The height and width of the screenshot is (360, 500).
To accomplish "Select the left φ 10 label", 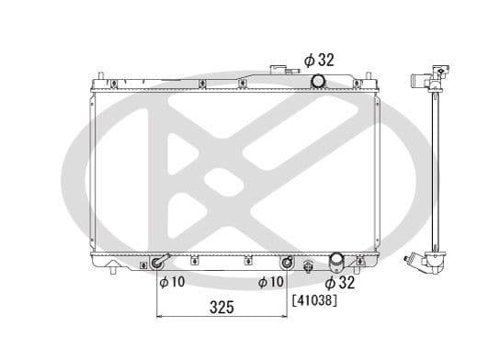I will (172, 282).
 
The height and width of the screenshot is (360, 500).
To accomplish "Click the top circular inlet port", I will (318, 83).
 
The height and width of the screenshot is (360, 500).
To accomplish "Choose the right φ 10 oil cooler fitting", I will (287, 264).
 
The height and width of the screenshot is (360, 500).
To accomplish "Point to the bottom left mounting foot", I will (113, 269).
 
